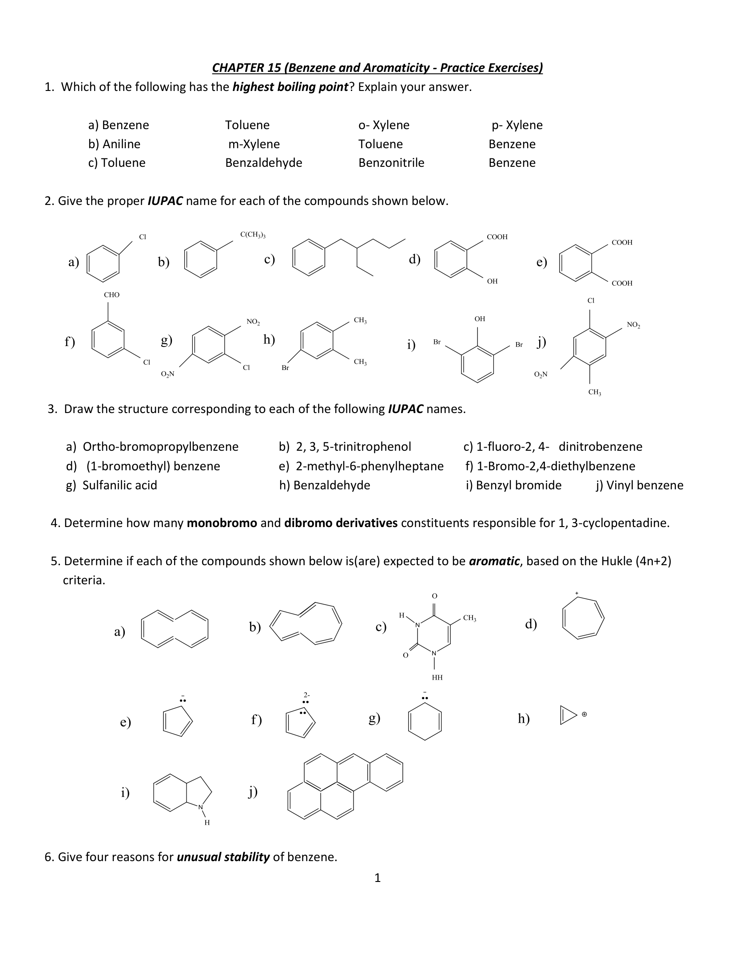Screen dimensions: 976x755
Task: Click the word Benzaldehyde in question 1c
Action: (263, 163)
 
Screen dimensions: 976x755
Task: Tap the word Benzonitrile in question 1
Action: (391, 163)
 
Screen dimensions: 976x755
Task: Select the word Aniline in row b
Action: (121, 144)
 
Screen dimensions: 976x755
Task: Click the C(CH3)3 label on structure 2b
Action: (253, 235)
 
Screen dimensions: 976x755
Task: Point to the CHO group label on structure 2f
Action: (111, 295)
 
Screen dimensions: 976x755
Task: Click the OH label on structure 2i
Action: (480, 319)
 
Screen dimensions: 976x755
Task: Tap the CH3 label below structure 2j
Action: (594, 392)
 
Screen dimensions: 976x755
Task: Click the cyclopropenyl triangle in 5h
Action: (568, 715)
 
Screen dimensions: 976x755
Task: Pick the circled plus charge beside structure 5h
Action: (584, 715)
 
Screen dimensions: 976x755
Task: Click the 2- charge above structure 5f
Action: (306, 695)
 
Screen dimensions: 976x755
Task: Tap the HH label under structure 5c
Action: (437, 677)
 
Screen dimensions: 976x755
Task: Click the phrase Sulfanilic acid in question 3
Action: (119, 485)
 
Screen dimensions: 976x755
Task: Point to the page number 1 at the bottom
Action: (377, 878)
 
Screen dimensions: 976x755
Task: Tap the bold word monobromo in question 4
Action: (222, 523)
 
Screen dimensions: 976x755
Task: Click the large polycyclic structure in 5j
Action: (345, 787)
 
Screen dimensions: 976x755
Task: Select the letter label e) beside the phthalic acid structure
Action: (541, 262)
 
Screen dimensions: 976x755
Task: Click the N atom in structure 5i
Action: (201, 807)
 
